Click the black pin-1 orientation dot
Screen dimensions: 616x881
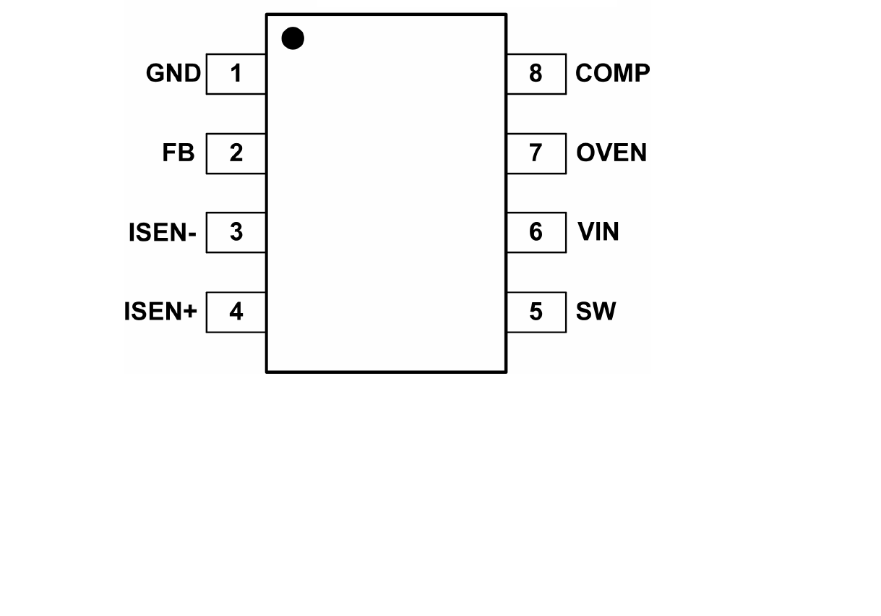coord(293,38)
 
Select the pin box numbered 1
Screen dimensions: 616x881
coord(236,74)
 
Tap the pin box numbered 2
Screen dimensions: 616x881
coord(236,153)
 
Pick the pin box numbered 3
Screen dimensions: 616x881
coord(236,232)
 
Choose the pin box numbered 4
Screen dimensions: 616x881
coord(236,312)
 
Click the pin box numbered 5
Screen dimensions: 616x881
coord(536,312)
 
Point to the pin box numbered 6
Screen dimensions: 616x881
coord(536,232)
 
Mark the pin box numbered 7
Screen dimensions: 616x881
coord(536,153)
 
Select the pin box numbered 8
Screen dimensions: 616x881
coord(536,74)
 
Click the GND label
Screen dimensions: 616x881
coord(173,74)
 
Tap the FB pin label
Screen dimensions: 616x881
coord(179,153)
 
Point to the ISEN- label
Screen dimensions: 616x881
coord(163,233)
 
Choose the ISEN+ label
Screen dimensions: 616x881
coord(160,312)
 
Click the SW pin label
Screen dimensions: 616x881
coord(596,312)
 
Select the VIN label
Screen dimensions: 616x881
coord(598,232)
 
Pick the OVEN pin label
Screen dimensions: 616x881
coord(611,153)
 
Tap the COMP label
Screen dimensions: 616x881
coord(612,74)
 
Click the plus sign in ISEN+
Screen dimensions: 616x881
coord(190,312)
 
